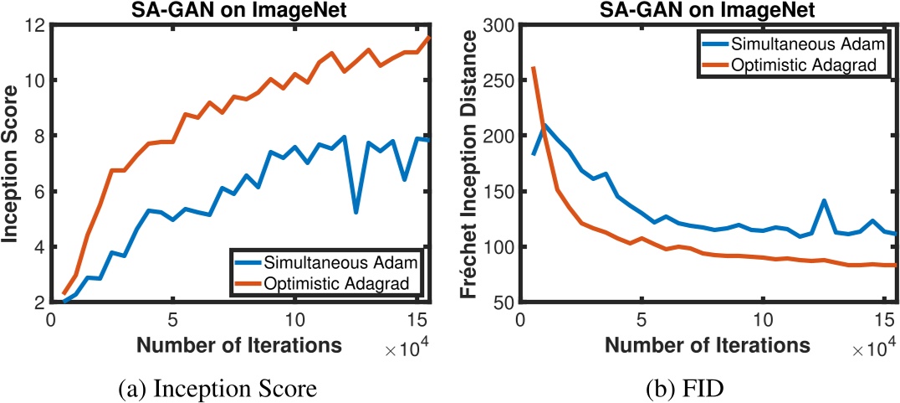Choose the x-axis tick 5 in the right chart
pyautogui.click(x=642, y=320)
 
